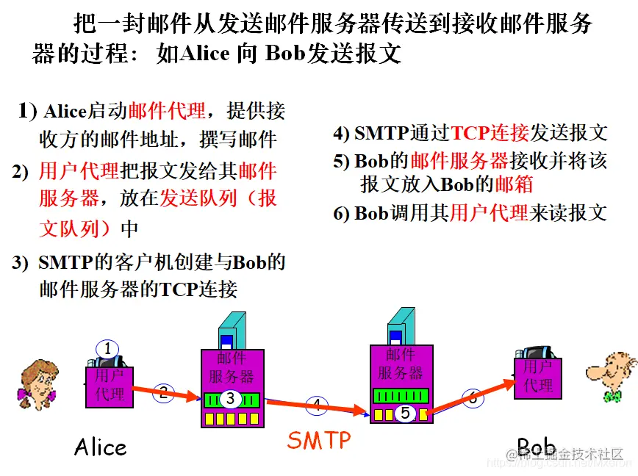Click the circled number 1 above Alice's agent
click(x=107, y=349)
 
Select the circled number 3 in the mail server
click(x=230, y=399)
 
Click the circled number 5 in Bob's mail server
click(x=404, y=414)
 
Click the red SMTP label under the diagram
click(x=319, y=440)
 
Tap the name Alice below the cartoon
click(x=101, y=447)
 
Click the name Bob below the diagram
click(x=536, y=447)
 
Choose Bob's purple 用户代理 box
click(x=537, y=376)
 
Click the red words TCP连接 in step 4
click(x=490, y=132)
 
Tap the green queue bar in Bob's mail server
click(x=400, y=395)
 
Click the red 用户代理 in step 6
click(x=489, y=213)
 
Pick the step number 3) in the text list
click(x=20, y=262)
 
